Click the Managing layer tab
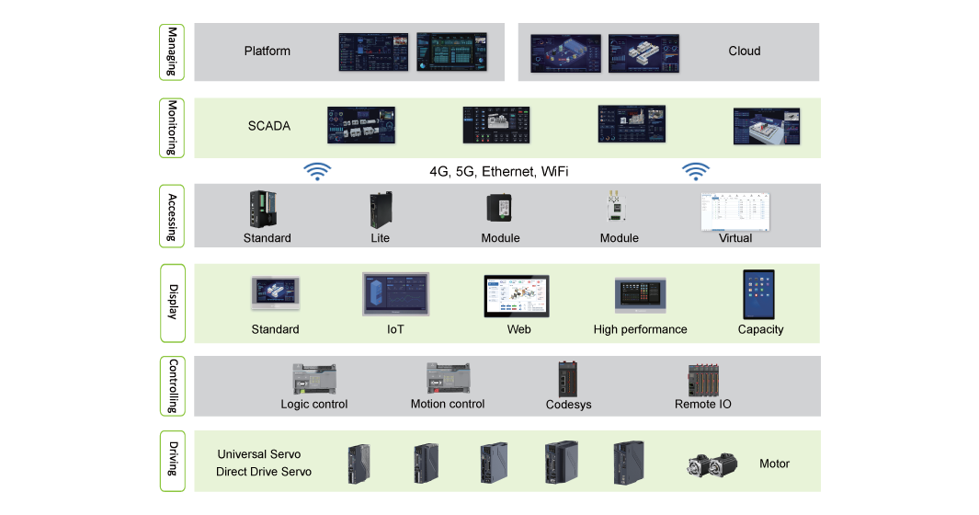(x=172, y=52)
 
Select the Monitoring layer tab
(x=172, y=128)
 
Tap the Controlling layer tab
(x=172, y=386)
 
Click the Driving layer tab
(x=172, y=461)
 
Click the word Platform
(x=268, y=51)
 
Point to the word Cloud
(x=744, y=51)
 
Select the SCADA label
(x=269, y=126)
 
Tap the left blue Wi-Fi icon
(x=317, y=171)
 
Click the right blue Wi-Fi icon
(x=695, y=171)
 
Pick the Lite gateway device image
(x=381, y=211)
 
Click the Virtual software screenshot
(x=734, y=212)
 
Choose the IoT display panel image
(x=395, y=294)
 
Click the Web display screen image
(x=517, y=295)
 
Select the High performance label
(x=640, y=329)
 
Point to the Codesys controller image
(x=567, y=379)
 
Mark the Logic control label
(x=314, y=404)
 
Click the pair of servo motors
(x=711, y=464)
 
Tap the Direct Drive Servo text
(x=264, y=472)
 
